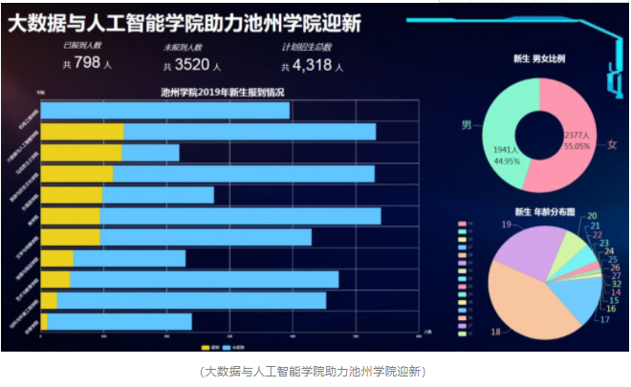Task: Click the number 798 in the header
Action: (87, 63)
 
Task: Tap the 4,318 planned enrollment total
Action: (310, 65)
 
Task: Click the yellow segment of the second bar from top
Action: (82, 132)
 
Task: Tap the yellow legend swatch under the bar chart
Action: (205, 335)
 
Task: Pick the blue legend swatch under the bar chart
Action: (228, 335)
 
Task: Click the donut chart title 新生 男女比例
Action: (539, 59)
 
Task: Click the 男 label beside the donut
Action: (467, 125)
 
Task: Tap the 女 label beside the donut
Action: (612, 143)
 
